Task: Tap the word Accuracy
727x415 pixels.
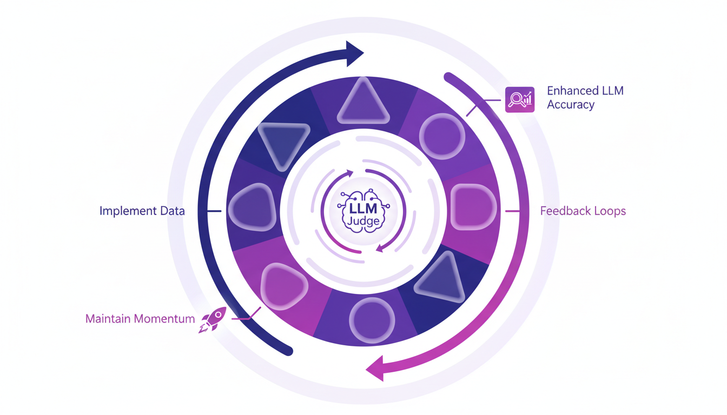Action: pyautogui.click(x=571, y=105)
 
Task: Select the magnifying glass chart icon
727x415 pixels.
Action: pyautogui.click(x=519, y=99)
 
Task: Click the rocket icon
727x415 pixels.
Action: pyautogui.click(x=213, y=320)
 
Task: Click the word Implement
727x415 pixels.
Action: pyautogui.click(x=125, y=211)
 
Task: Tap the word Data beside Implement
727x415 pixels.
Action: pyautogui.click(x=170, y=211)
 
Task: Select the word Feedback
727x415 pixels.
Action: pyautogui.click(x=565, y=211)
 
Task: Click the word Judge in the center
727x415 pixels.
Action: pyautogui.click(x=363, y=219)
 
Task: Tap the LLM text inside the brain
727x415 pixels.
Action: pyautogui.click(x=363, y=207)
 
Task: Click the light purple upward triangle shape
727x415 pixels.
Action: pyautogui.click(x=363, y=102)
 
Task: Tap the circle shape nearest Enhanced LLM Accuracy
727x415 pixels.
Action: pyautogui.click(x=442, y=136)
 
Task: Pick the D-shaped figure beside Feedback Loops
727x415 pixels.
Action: pyautogui.click(x=472, y=207)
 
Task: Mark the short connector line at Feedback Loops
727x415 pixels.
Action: pyautogui.click(x=512, y=211)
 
